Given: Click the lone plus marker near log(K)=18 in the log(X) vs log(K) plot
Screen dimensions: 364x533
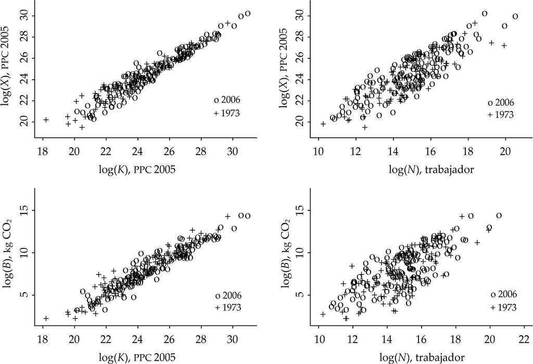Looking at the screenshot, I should (46, 120).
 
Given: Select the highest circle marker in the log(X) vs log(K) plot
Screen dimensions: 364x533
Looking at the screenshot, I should (248, 14).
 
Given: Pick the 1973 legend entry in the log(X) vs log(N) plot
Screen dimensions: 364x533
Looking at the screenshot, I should (501, 115).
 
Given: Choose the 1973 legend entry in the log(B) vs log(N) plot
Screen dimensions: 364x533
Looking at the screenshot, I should (503, 307).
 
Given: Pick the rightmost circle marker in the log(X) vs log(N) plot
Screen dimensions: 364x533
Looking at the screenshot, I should (515, 16).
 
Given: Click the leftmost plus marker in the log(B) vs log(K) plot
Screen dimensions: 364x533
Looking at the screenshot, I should (46, 318).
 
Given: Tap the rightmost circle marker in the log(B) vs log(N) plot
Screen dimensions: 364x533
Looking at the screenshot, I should (499, 216).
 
